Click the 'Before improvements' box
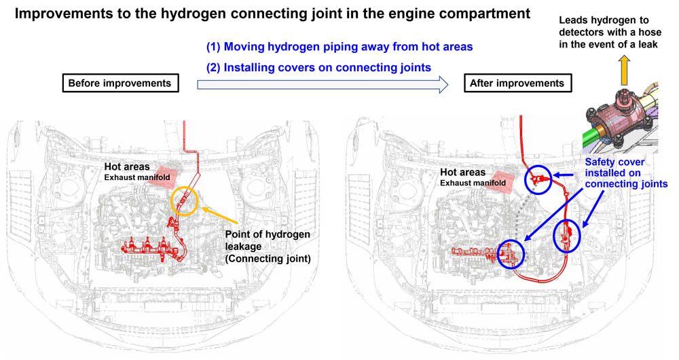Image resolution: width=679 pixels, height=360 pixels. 120,84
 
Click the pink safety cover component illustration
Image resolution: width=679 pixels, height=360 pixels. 622,111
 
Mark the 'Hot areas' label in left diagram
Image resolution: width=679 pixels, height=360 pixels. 127,167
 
